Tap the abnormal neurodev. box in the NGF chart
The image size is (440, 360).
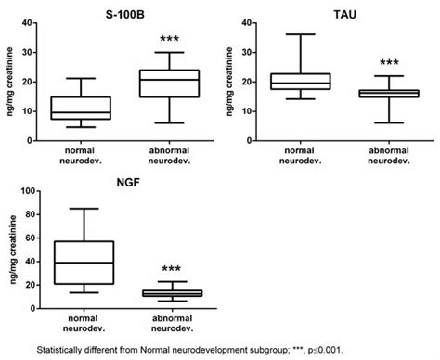tap(166, 292)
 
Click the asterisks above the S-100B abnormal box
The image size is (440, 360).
tap(168, 39)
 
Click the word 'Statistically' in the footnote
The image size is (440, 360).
tap(64, 351)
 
